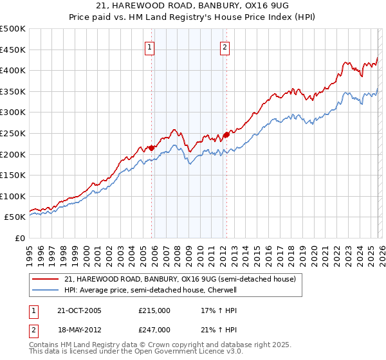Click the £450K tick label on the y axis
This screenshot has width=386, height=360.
click(x=13, y=50)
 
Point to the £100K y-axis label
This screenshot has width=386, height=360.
click(x=13, y=196)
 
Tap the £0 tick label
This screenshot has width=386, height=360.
click(x=20, y=238)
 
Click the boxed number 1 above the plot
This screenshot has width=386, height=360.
click(x=150, y=46)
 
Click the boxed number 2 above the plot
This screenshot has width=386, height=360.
click(x=225, y=46)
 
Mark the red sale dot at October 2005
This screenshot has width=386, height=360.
click(x=152, y=148)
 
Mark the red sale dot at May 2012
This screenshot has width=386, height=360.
click(x=226, y=134)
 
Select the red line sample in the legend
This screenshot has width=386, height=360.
click(x=46, y=280)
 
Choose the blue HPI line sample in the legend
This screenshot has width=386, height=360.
click(x=46, y=291)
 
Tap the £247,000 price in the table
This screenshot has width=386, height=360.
click(x=154, y=329)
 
